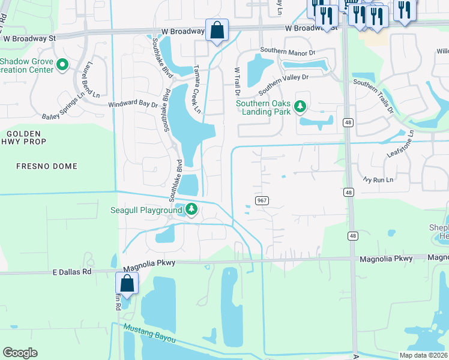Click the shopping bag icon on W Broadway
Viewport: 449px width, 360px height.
pos(217,29)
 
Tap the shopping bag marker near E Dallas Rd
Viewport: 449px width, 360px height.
pos(127,283)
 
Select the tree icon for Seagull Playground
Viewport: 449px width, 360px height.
pos(191,209)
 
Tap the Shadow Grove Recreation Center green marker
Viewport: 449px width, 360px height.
pos(62,63)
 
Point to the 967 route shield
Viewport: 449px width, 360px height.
pos(261,200)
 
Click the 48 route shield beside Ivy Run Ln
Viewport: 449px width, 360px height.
pos(348,192)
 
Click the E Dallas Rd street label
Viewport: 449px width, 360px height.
pos(72,271)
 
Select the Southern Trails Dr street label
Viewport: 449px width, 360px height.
pos(373,97)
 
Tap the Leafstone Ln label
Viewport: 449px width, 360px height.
pos(400,144)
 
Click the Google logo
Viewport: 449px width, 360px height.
pos(20,353)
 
